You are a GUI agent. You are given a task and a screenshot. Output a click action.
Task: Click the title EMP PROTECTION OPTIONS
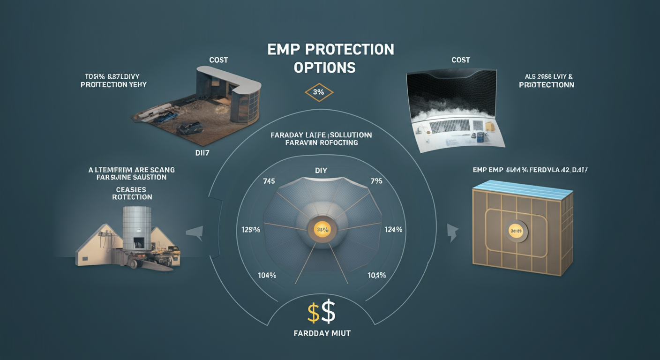coord(330,58)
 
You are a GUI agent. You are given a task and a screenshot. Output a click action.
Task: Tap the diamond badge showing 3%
coord(318,92)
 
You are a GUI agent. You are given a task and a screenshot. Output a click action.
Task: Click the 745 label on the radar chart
coord(269,181)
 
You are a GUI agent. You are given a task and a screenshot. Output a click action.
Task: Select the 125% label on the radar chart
coord(250,230)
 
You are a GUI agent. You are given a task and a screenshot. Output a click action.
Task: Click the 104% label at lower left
coord(267,275)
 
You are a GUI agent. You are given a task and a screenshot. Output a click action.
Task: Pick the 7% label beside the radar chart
coord(376,181)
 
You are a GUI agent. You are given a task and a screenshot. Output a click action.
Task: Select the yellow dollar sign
coord(313,313)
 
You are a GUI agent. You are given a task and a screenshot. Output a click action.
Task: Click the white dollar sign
coord(329,312)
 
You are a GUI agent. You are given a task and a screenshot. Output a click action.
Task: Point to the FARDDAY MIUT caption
coord(322,333)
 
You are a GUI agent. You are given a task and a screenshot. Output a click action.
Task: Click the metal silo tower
coord(136,230)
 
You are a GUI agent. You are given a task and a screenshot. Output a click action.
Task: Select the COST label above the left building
coord(218,60)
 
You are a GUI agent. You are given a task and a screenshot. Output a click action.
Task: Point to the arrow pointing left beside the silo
coord(195,232)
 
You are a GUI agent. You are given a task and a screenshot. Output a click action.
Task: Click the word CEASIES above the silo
coord(132,190)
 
